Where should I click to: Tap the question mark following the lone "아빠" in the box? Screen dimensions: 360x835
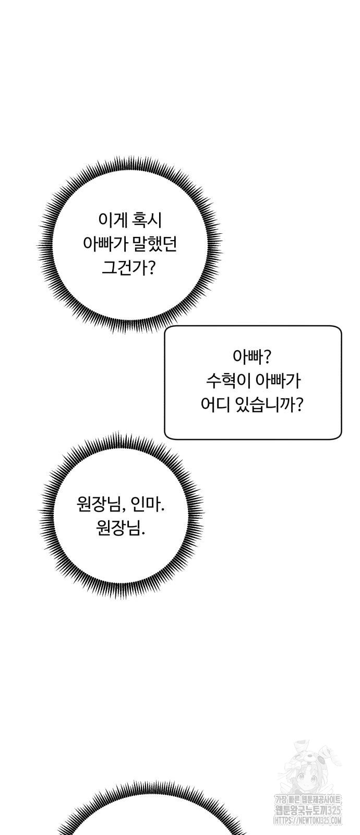point(267,358)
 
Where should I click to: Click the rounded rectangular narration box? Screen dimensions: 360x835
point(253,383)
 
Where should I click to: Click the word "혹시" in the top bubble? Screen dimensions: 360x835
point(147,221)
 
